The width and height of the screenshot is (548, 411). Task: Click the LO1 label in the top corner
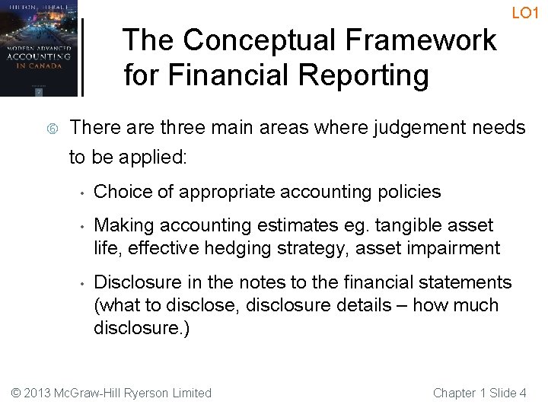525,13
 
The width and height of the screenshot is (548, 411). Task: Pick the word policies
409,192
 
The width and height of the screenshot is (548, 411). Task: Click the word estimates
299,226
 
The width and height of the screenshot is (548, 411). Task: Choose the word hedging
225,248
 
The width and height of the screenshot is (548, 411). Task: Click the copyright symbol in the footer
16,393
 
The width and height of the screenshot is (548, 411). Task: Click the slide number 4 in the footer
522,393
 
